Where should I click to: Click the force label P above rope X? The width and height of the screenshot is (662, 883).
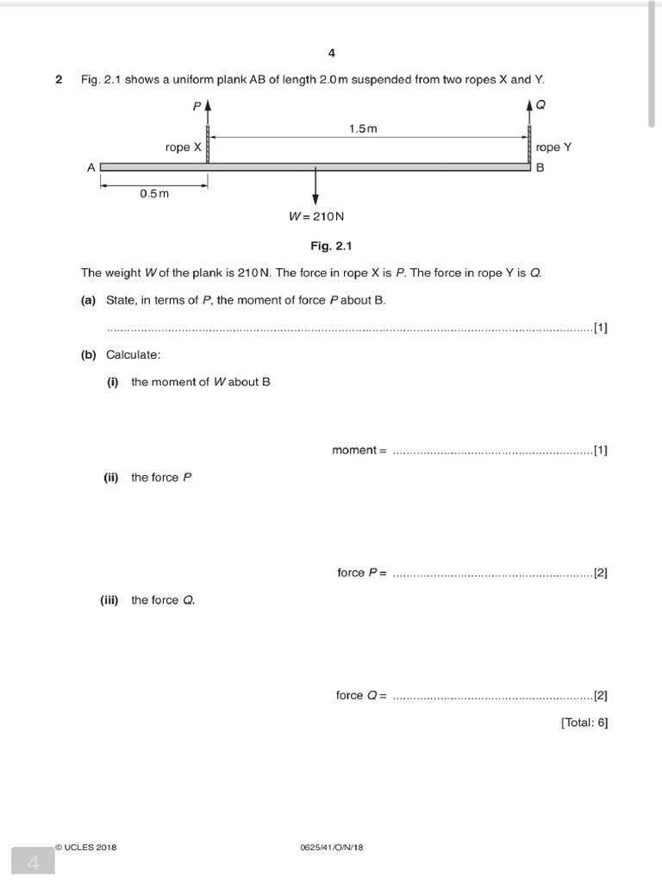[197, 106]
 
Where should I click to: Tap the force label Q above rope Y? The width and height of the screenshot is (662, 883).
[540, 104]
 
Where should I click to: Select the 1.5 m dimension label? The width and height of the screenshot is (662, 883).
[363, 128]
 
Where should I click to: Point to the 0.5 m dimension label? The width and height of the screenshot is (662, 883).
[154, 193]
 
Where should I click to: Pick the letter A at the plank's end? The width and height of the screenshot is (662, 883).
[91, 168]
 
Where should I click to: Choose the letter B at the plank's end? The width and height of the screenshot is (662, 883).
[540, 168]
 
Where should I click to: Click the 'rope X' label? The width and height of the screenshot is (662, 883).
[184, 147]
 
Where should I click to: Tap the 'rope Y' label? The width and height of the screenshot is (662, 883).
[553, 147]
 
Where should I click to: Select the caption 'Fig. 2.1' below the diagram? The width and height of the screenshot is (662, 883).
[332, 246]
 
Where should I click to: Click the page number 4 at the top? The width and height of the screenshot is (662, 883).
[331, 53]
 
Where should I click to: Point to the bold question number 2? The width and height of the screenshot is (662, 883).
[59, 79]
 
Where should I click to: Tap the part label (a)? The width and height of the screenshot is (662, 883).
[88, 300]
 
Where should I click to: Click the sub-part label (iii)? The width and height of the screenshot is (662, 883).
[109, 600]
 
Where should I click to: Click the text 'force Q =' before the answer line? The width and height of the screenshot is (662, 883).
[362, 695]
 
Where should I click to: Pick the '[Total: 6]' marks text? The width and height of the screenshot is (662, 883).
[584, 723]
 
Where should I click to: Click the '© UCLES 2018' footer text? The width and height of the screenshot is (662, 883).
[84, 847]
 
